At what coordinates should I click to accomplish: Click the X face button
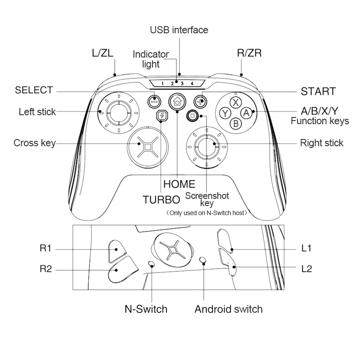[x=235, y=102]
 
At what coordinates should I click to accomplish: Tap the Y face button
[x=224, y=113]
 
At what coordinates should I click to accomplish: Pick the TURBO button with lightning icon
[x=161, y=116]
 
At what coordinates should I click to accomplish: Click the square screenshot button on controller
[x=193, y=116]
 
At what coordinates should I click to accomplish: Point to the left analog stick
[x=118, y=112]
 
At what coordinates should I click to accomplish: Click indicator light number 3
[x=182, y=84]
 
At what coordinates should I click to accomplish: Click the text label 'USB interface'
[x=179, y=30]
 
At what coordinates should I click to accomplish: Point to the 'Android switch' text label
[x=228, y=309]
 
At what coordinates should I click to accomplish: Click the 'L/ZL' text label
[x=102, y=54]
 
